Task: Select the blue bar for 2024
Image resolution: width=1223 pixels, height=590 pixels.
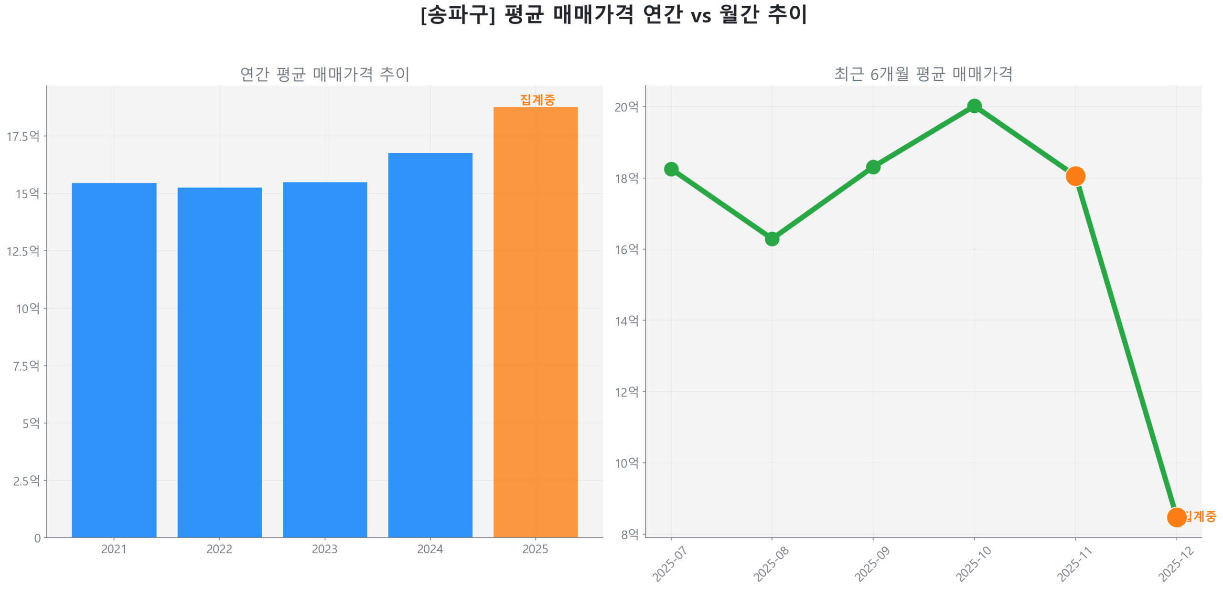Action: tap(430, 344)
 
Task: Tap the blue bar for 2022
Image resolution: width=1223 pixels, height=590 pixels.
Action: tap(219, 362)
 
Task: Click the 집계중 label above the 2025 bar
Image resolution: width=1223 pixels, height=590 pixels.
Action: tap(537, 100)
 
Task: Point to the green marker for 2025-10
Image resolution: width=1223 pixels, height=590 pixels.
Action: tap(974, 106)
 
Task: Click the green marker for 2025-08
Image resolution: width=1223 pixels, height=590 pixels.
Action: tap(772, 238)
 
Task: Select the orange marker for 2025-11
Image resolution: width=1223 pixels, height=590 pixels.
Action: tap(1075, 176)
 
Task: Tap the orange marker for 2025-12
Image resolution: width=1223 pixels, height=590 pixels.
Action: tap(1176, 516)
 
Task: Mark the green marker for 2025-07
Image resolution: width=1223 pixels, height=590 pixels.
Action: tap(671, 169)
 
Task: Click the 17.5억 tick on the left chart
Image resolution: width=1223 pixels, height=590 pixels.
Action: tap(22, 137)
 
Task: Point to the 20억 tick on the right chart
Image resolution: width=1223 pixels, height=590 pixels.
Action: tap(626, 107)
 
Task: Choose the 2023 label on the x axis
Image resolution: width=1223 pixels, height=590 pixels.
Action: tap(324, 549)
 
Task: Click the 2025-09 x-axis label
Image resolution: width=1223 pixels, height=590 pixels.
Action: tap(871, 564)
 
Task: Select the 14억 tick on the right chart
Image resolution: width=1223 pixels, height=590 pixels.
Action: tap(626, 321)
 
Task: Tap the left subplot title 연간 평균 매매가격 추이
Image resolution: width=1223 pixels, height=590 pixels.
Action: tap(324, 74)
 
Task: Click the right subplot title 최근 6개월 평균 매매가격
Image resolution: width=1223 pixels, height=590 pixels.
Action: tap(923, 74)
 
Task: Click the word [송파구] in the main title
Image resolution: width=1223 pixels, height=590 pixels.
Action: tap(458, 14)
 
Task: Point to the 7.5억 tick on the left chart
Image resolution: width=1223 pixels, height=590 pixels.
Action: tap(26, 366)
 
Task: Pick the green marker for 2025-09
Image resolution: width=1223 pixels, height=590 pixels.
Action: tap(873, 167)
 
